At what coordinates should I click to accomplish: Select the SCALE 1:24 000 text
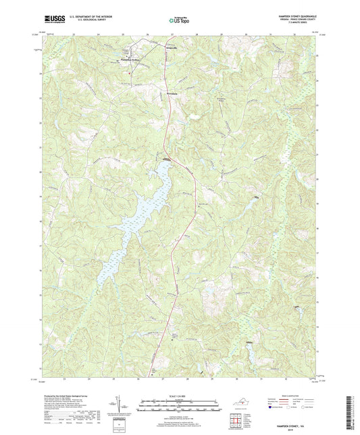(x=180, y=395)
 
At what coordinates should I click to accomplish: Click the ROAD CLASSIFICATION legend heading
(x=285, y=396)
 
